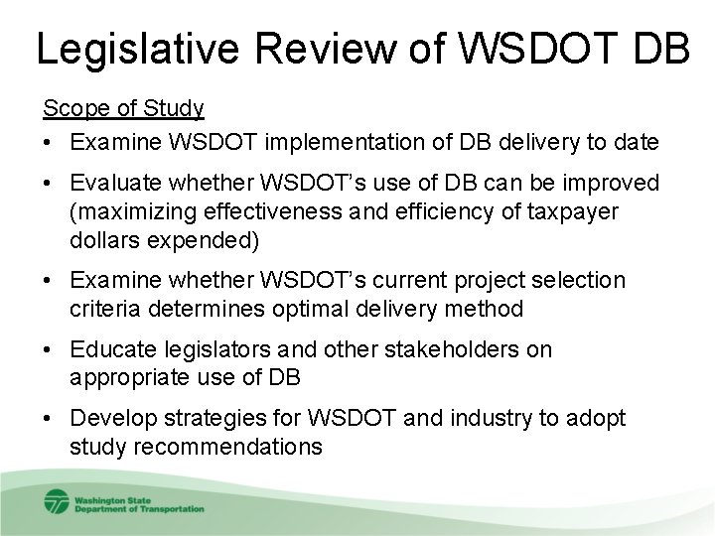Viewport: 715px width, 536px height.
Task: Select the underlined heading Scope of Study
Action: [x=123, y=107]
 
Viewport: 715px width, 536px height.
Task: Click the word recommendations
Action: [x=196, y=446]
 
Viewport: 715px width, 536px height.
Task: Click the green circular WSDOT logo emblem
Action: [x=56, y=501]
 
